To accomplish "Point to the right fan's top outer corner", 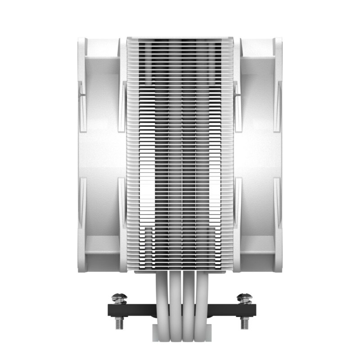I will pyautogui.click(x=280, y=41).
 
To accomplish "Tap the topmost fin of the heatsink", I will pyautogui.click(x=180, y=39).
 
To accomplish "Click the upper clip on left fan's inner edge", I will pyautogui.click(x=122, y=106).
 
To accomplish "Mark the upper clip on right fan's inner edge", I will pyautogui.click(x=238, y=106).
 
